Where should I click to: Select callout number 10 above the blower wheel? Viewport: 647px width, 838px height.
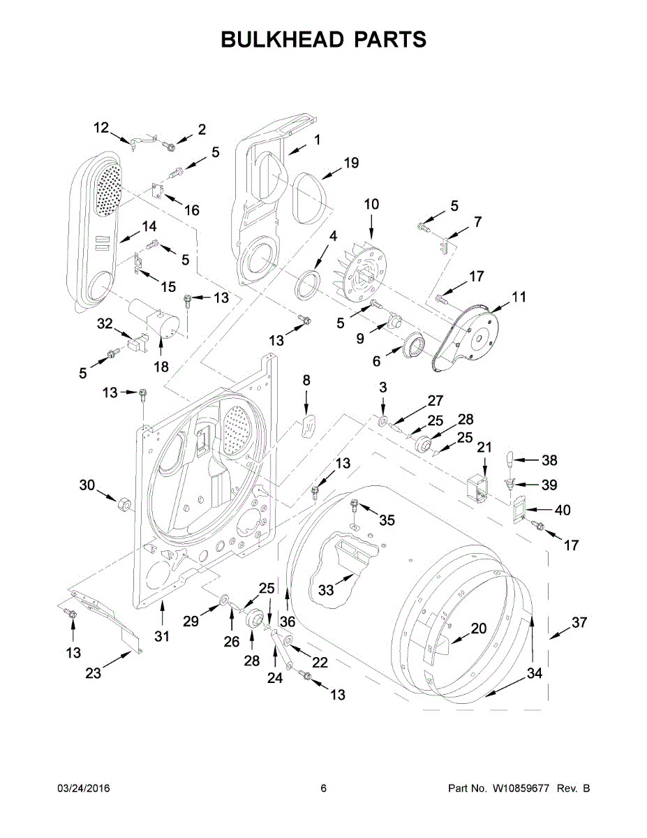pos(371,205)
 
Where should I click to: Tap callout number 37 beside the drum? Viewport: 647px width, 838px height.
pos(580,623)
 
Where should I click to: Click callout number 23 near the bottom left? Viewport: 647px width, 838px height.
pos(93,672)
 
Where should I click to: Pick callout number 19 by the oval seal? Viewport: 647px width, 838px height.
pos(350,163)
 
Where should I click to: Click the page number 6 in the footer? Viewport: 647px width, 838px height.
pos(323,788)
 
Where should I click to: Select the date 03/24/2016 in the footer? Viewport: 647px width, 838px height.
pos(83,788)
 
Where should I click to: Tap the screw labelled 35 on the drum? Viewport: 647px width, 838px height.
pos(355,504)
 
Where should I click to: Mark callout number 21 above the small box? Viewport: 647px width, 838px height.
pos(484,447)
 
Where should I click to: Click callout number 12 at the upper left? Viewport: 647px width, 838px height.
pos(101,127)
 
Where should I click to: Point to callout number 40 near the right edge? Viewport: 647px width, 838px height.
pos(563,510)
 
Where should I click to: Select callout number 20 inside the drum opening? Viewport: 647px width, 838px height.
pos(478,628)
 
